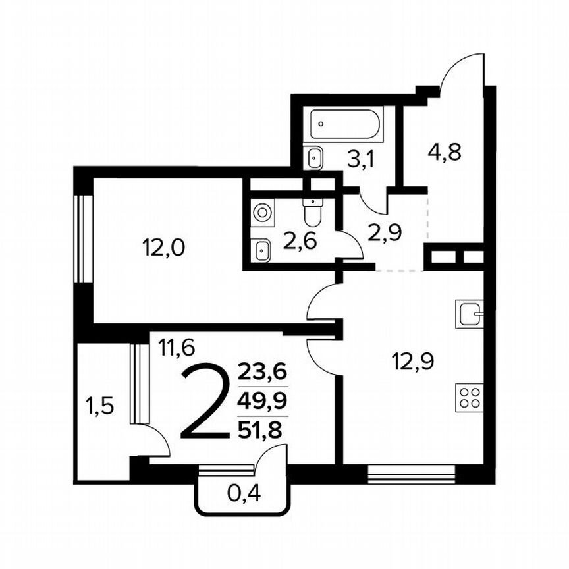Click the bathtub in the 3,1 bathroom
click(346, 124)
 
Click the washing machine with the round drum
click(262, 213)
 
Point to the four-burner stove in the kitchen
click(469, 398)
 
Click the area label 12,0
click(163, 248)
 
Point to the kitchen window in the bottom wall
click(411, 474)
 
